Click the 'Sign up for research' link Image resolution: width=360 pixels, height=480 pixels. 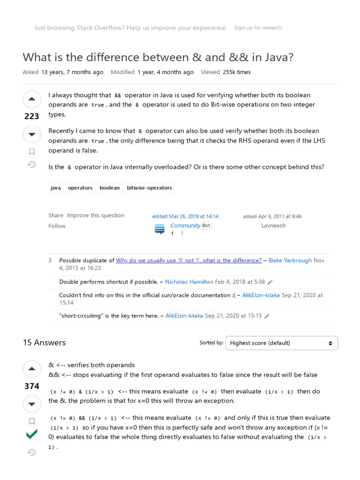point(258,28)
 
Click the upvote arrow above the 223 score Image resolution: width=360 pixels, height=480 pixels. point(32,99)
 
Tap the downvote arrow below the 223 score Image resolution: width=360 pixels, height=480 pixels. point(32,135)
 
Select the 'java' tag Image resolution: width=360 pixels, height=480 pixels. point(55,188)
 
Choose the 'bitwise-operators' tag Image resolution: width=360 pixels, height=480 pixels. point(150,188)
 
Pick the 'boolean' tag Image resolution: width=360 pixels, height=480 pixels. point(110,188)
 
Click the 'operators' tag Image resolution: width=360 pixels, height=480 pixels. point(80,188)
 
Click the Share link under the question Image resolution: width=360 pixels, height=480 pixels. point(55,215)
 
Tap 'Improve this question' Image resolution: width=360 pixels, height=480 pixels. point(96,215)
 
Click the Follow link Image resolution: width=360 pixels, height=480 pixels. point(57,226)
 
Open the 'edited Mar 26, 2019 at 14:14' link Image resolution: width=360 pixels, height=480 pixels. point(185,217)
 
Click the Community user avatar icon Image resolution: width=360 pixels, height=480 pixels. point(160,229)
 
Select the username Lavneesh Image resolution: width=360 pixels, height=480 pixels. point(273,225)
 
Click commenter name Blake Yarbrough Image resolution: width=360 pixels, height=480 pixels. point(290,260)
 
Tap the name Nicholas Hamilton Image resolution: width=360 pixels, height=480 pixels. point(189,282)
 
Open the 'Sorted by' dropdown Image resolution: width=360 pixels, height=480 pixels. point(281,343)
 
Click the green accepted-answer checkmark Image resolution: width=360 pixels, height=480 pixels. point(32,435)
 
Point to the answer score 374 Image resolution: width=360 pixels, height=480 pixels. point(32,386)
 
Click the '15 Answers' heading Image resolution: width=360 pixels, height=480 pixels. point(44,343)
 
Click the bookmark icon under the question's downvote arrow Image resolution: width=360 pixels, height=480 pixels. point(32,151)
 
